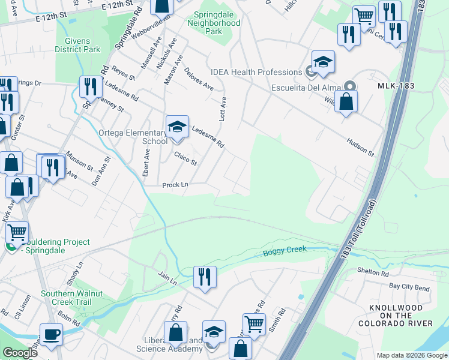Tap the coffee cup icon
coord(51,335)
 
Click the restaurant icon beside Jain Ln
coord(205,277)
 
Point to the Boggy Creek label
coord(285,251)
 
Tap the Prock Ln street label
coord(175,185)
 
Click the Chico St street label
coord(185,158)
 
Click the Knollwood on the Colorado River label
coord(396,316)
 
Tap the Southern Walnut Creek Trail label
coord(66,298)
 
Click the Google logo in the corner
coord(20,352)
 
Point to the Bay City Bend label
coord(409,287)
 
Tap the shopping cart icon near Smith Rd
coord(254,324)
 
